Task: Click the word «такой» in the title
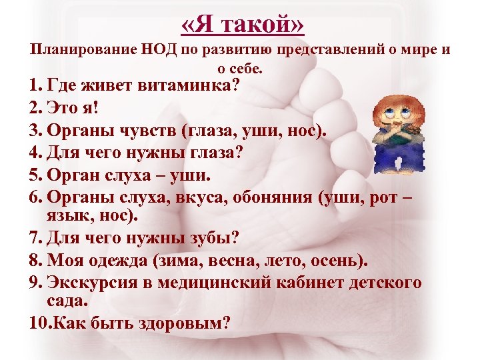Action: [266, 24]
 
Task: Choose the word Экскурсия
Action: [92, 282]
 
